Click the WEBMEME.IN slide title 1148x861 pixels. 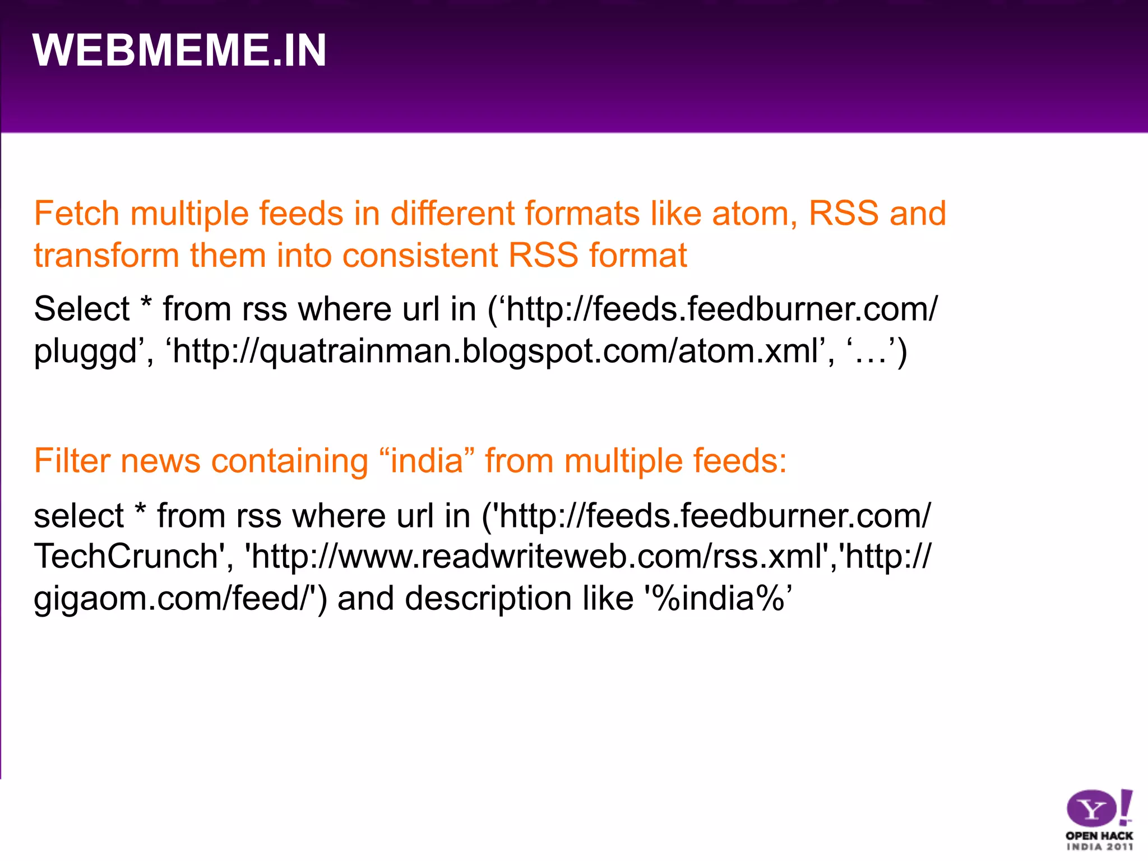(x=179, y=50)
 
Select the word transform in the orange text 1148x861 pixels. (x=106, y=256)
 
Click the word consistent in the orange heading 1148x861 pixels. (x=419, y=256)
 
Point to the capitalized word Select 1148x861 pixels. (x=82, y=309)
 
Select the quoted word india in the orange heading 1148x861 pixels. (x=426, y=461)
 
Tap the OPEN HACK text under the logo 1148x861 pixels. (x=1099, y=836)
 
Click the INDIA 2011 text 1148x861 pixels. (x=1099, y=847)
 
